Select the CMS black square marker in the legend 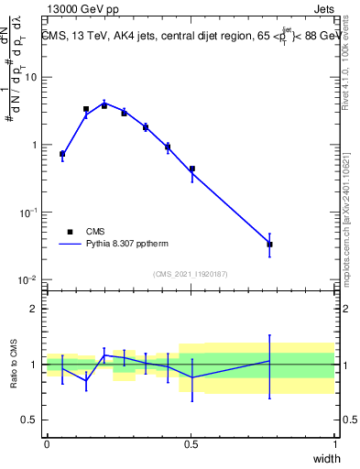[x=70, y=232]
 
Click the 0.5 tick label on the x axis [x=191, y=443]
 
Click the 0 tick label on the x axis [x=47, y=443]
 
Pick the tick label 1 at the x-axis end [x=335, y=443]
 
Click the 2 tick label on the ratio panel [x=36, y=309]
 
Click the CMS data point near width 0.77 [x=269, y=245]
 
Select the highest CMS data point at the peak [x=104, y=105]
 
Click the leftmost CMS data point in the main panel [x=62, y=154]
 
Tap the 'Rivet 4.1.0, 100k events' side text [x=345, y=65]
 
